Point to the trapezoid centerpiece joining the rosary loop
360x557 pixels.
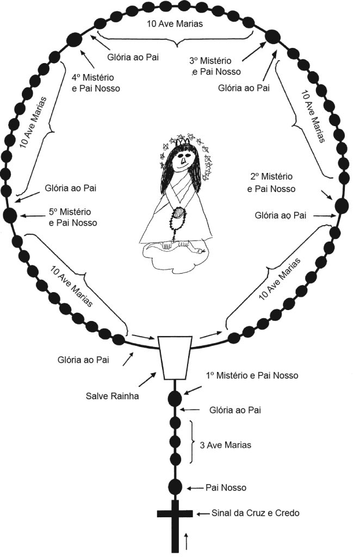[175, 357]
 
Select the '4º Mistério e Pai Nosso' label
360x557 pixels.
[96, 83]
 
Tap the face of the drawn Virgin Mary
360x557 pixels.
[183, 159]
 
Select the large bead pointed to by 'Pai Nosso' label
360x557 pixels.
[175, 486]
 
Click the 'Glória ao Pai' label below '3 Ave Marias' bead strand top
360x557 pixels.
[235, 410]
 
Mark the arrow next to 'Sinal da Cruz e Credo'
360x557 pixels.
[202, 513]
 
